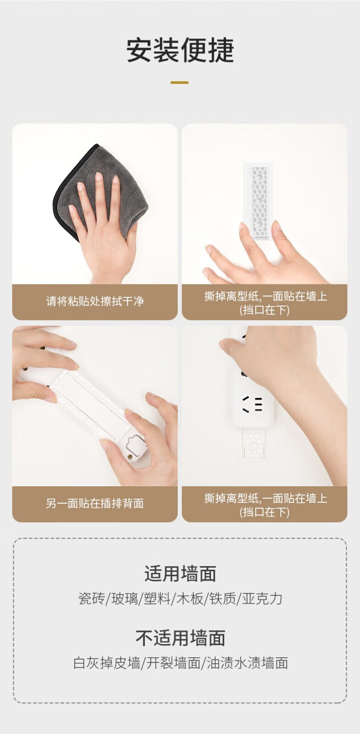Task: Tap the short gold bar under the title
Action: tap(179, 83)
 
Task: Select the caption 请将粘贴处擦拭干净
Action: tap(95, 301)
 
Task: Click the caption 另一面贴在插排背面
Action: tap(95, 503)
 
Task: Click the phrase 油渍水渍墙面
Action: tap(248, 663)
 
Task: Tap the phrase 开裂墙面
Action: tap(173, 663)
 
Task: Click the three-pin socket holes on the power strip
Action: tap(253, 404)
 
